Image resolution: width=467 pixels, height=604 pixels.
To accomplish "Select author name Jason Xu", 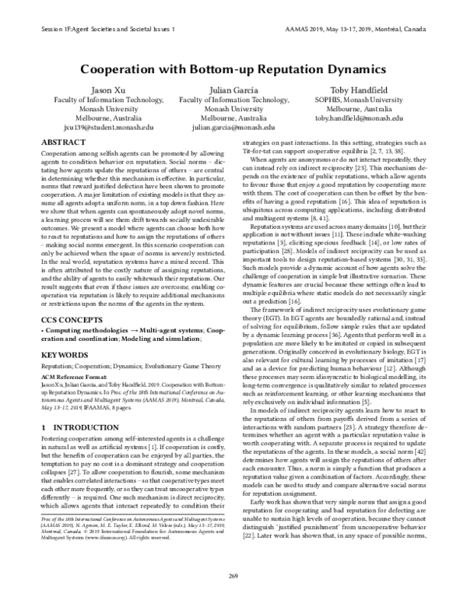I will coord(103,90).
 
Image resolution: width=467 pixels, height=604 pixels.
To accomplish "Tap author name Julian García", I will coord(234,90).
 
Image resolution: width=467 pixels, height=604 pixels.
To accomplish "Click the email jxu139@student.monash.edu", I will coord(103,126).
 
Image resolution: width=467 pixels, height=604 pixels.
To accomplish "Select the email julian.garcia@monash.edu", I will coord(234,126).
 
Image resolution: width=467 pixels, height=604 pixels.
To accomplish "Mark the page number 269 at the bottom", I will coord(233,595).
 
